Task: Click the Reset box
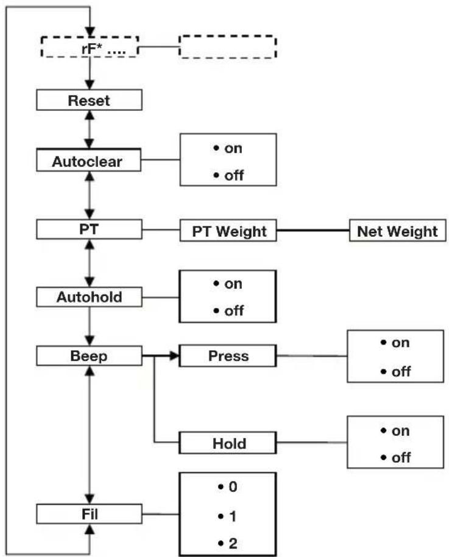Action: pyautogui.click(x=89, y=100)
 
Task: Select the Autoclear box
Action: pyautogui.click(x=88, y=160)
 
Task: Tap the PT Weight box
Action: pyautogui.click(x=228, y=231)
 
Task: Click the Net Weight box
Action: pyautogui.click(x=397, y=231)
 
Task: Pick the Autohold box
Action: pyautogui.click(x=89, y=297)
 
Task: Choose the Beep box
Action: pyautogui.click(x=89, y=356)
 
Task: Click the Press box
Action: pyautogui.click(x=227, y=356)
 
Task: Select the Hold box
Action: pyautogui.click(x=227, y=443)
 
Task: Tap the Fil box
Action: pyautogui.click(x=89, y=514)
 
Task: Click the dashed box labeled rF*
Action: pyautogui.click(x=90, y=47)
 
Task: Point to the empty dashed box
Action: pyautogui.click(x=227, y=46)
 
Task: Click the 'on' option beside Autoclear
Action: pyautogui.click(x=228, y=148)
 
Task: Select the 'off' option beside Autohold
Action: pyautogui.click(x=228, y=311)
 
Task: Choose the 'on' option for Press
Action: pyautogui.click(x=395, y=343)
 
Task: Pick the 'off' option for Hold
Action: pyautogui.click(x=395, y=458)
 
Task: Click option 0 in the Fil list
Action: pyautogui.click(x=227, y=486)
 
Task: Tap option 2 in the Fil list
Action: pyautogui.click(x=227, y=544)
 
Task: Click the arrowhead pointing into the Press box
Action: pyautogui.click(x=175, y=356)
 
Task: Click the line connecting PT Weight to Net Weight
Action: pyautogui.click(x=313, y=230)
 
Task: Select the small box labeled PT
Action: pyautogui.click(x=89, y=229)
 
